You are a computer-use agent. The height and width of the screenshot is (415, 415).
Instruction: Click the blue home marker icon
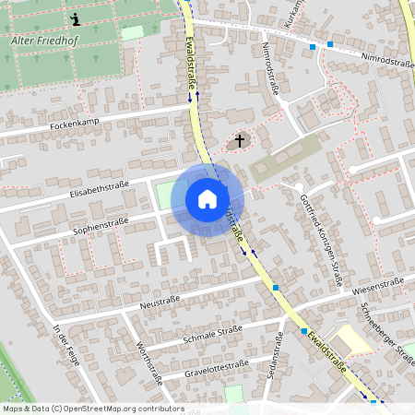pos(207,198)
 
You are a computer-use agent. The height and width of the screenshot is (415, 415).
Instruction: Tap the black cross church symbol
pos(240,141)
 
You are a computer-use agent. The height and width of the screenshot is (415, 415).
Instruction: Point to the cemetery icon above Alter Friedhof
pos(75,18)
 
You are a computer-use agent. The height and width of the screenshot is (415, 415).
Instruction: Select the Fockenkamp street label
pos(74,124)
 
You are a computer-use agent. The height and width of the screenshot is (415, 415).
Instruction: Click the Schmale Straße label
pos(212,332)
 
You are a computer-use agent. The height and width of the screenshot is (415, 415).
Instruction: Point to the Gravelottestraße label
pos(217,367)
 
